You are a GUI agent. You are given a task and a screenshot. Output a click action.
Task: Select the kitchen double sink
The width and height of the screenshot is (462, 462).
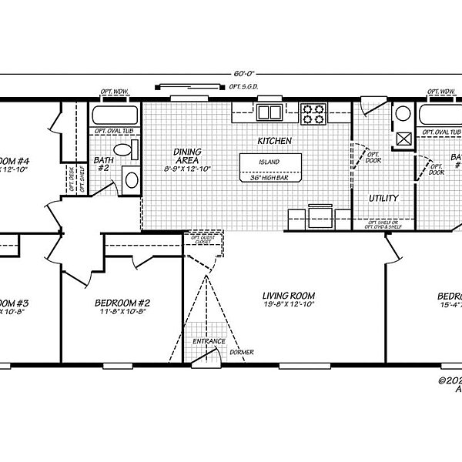(269, 113)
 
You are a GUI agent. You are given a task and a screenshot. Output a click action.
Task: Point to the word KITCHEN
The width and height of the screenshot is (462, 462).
(274, 141)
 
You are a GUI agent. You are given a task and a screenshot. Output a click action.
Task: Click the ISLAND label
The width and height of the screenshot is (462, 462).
(269, 162)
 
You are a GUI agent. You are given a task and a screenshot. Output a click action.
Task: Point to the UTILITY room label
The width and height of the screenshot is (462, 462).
(383, 198)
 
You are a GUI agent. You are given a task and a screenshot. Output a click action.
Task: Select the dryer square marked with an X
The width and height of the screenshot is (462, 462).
(401, 139)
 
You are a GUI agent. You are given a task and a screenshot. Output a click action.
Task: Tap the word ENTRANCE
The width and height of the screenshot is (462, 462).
(209, 341)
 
